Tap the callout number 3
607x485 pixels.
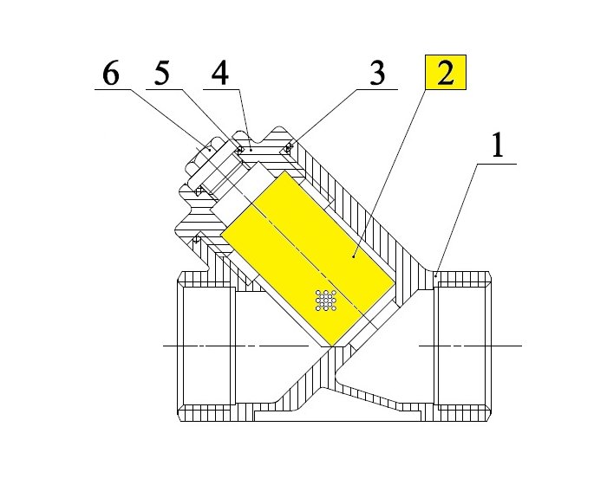[375, 74]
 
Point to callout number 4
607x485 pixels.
[220, 74]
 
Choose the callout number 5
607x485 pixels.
[163, 74]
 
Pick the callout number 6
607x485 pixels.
[110, 74]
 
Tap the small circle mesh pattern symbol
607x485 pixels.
[327, 300]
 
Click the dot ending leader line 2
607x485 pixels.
[356, 256]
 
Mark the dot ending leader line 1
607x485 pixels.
[434, 275]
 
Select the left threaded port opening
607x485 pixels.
[207, 346]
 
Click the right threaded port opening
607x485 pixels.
[464, 346]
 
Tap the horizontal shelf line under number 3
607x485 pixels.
[369, 89]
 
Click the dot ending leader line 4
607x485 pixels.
[251, 148]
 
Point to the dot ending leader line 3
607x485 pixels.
[290, 147]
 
